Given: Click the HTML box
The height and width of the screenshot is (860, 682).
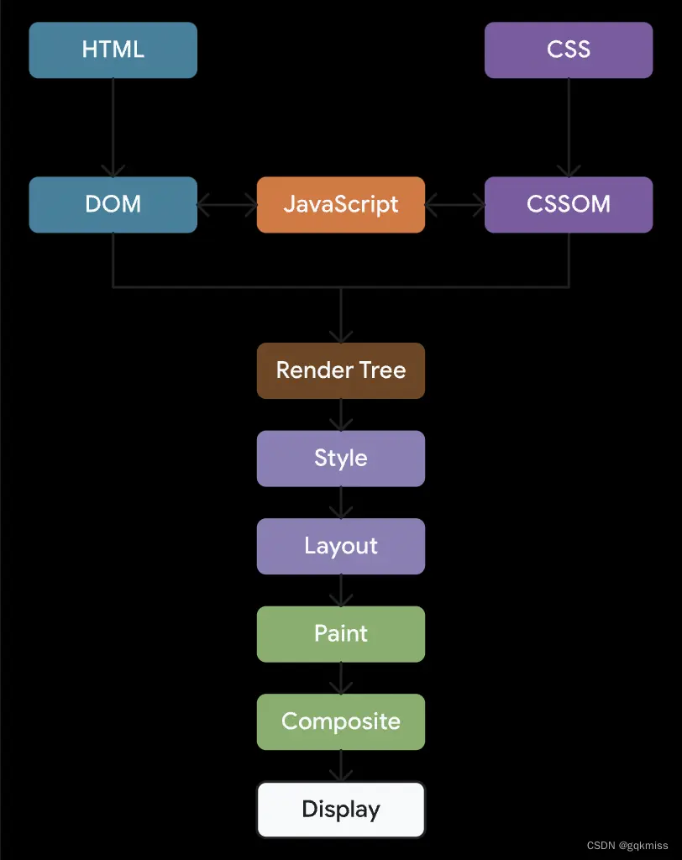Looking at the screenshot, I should click(x=113, y=50).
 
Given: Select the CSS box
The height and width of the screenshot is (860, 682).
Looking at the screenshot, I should click(x=569, y=50).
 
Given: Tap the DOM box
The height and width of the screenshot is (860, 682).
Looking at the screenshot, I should click(x=113, y=204).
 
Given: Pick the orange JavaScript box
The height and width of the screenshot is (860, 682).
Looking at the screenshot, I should click(x=341, y=204).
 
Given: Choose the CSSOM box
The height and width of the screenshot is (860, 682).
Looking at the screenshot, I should click(x=569, y=204).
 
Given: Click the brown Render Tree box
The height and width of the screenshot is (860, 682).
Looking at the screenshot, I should click(x=341, y=370).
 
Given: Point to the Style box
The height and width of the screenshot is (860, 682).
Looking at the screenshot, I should click(x=341, y=459).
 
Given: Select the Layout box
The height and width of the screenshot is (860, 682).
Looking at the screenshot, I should click(x=341, y=546).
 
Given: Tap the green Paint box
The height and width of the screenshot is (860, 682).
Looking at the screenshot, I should click(x=341, y=633).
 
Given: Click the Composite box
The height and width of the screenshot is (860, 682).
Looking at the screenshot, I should click(x=341, y=721).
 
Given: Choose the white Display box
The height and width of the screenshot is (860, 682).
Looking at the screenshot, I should click(x=341, y=810).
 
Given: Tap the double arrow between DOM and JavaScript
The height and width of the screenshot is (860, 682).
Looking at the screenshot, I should click(x=227, y=204).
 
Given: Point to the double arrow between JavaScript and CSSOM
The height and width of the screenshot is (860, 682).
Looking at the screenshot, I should click(x=454, y=204).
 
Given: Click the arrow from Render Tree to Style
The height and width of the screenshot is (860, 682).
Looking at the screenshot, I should click(x=341, y=415).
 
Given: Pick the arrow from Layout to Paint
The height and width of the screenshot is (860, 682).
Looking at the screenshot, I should click(x=341, y=590).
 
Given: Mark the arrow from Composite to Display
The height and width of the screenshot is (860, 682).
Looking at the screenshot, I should click(x=341, y=766).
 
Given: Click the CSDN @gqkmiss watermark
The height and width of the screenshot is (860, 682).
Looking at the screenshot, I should click(x=627, y=846).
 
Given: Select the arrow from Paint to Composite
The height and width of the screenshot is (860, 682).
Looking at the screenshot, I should click(x=341, y=678).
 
